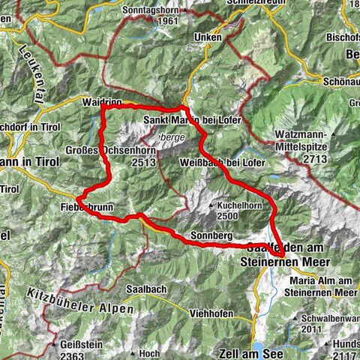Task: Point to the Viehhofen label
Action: point(211,312)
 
